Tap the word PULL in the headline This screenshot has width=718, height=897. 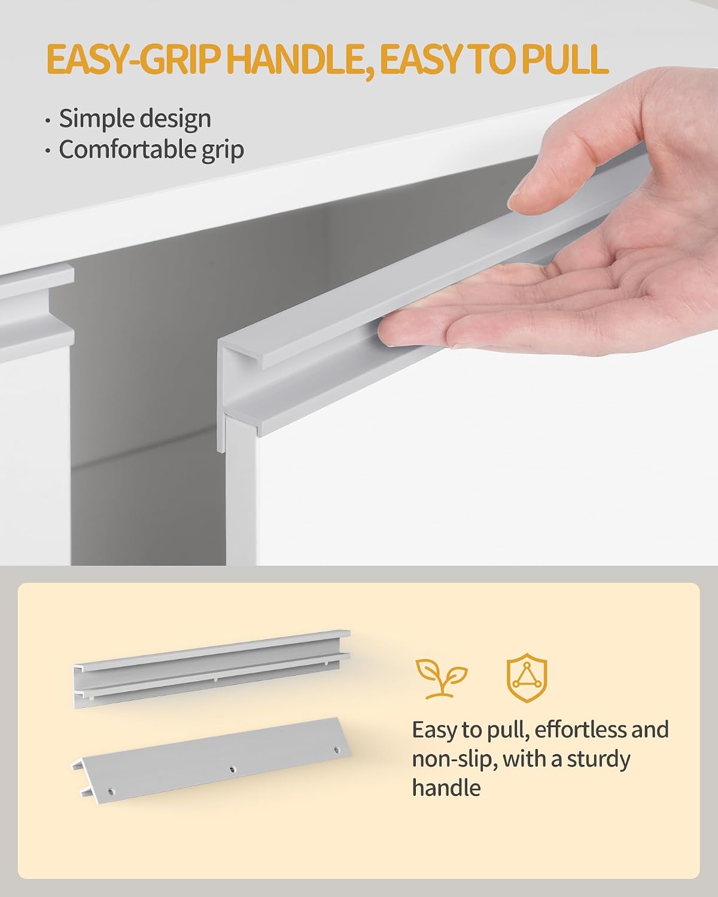tap(564, 59)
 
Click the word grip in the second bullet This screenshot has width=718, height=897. tap(223, 151)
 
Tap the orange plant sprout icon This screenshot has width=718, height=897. tap(441, 678)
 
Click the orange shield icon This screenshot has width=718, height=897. tap(527, 678)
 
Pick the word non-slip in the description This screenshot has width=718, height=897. tap(454, 759)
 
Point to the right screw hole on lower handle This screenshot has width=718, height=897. tap(337, 750)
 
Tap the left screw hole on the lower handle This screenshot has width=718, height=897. tap(111, 791)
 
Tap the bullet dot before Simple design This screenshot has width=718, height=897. tap(48, 121)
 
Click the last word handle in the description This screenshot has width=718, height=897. tap(446, 788)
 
